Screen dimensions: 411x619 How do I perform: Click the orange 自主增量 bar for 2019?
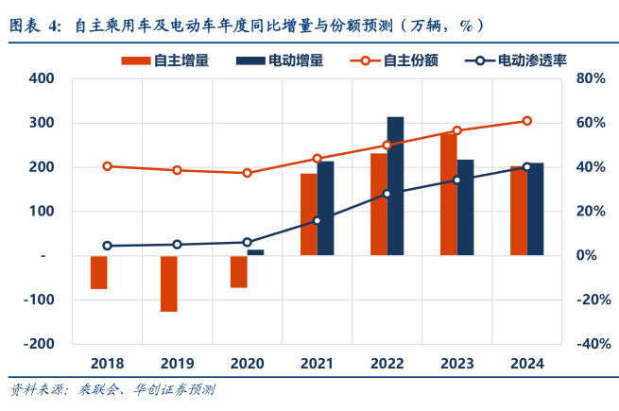[169, 283]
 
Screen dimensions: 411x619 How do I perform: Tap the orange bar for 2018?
[99, 272]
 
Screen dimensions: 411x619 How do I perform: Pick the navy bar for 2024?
[535, 209]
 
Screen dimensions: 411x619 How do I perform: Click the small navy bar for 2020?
[255, 252]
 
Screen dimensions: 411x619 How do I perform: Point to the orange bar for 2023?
[448, 194]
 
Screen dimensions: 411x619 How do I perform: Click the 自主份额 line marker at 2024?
[526, 121]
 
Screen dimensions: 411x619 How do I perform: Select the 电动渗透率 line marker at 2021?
[317, 221]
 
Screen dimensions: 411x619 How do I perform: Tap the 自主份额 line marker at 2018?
[107, 166]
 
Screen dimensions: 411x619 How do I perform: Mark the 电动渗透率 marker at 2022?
[387, 194]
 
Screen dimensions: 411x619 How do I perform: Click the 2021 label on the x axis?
[317, 364]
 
